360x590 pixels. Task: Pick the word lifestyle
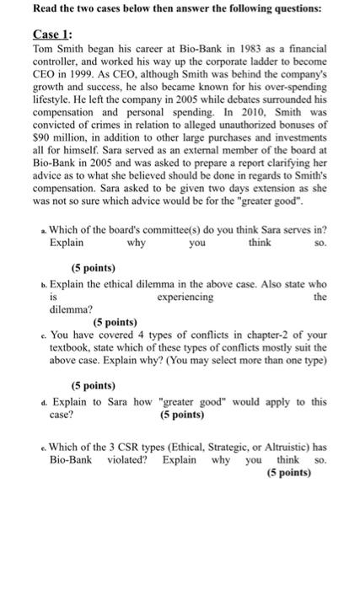coord(54,98)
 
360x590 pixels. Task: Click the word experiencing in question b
coord(185,297)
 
